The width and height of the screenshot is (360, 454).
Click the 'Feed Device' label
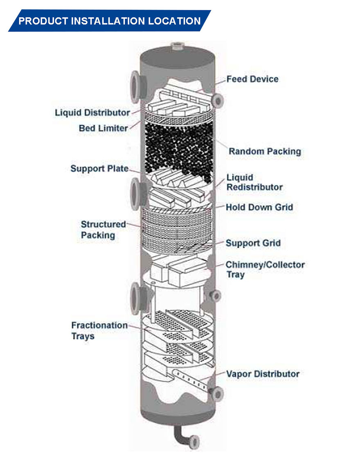point(252,79)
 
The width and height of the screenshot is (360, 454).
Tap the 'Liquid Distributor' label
point(92,112)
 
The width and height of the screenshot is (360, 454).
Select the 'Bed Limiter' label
point(103,128)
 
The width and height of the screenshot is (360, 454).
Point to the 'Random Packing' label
point(264,151)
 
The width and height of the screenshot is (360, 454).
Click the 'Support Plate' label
point(99,168)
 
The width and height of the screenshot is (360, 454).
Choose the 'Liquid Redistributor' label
point(254,183)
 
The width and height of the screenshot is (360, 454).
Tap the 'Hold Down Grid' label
point(259,207)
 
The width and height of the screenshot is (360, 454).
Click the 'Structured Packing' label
point(103,230)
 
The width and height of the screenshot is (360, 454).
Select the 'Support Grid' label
point(253,243)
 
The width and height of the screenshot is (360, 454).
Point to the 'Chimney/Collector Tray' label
point(265,269)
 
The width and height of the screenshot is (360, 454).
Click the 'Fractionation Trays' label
point(99,331)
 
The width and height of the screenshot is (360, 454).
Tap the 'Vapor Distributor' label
point(263,374)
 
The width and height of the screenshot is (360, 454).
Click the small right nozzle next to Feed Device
point(218,99)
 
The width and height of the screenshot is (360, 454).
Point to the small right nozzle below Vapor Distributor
point(217,393)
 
